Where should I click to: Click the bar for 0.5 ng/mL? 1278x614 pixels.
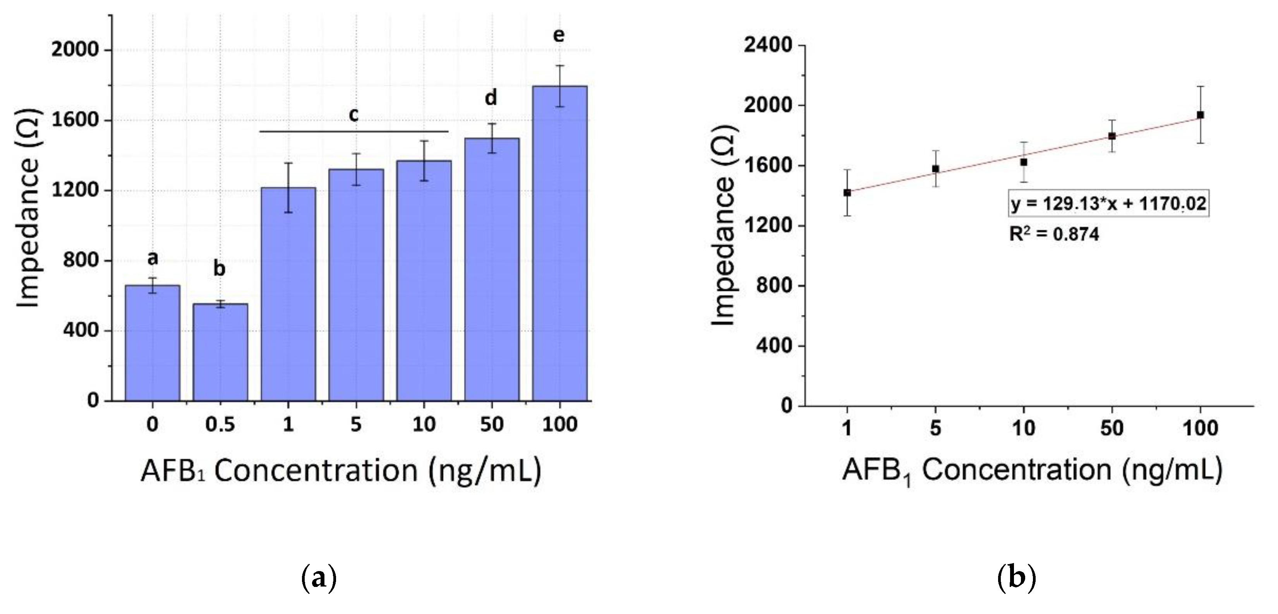click(x=220, y=352)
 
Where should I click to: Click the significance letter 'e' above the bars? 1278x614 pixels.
click(x=559, y=35)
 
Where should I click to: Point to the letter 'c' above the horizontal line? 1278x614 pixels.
click(x=353, y=114)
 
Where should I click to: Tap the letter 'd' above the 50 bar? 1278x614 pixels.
click(x=491, y=98)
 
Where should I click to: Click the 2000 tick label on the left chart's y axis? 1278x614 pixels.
click(x=75, y=50)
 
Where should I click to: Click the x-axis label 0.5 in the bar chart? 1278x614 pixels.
click(x=220, y=425)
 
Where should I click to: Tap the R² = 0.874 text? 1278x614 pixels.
click(x=1054, y=234)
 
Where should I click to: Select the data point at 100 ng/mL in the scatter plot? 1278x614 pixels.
click(x=1200, y=115)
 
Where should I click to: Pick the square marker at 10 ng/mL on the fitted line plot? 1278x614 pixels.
click(x=1024, y=162)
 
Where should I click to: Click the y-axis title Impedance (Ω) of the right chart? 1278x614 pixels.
click(x=724, y=225)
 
